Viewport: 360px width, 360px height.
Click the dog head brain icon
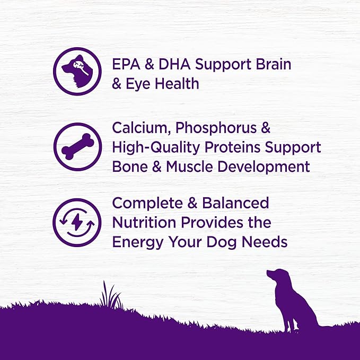[x=77, y=71]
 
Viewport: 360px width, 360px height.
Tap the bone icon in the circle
[x=77, y=147]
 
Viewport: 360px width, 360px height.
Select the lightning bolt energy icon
[x=77, y=223]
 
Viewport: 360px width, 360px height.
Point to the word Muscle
[x=190, y=166]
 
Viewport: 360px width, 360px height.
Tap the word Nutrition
[x=143, y=223]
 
